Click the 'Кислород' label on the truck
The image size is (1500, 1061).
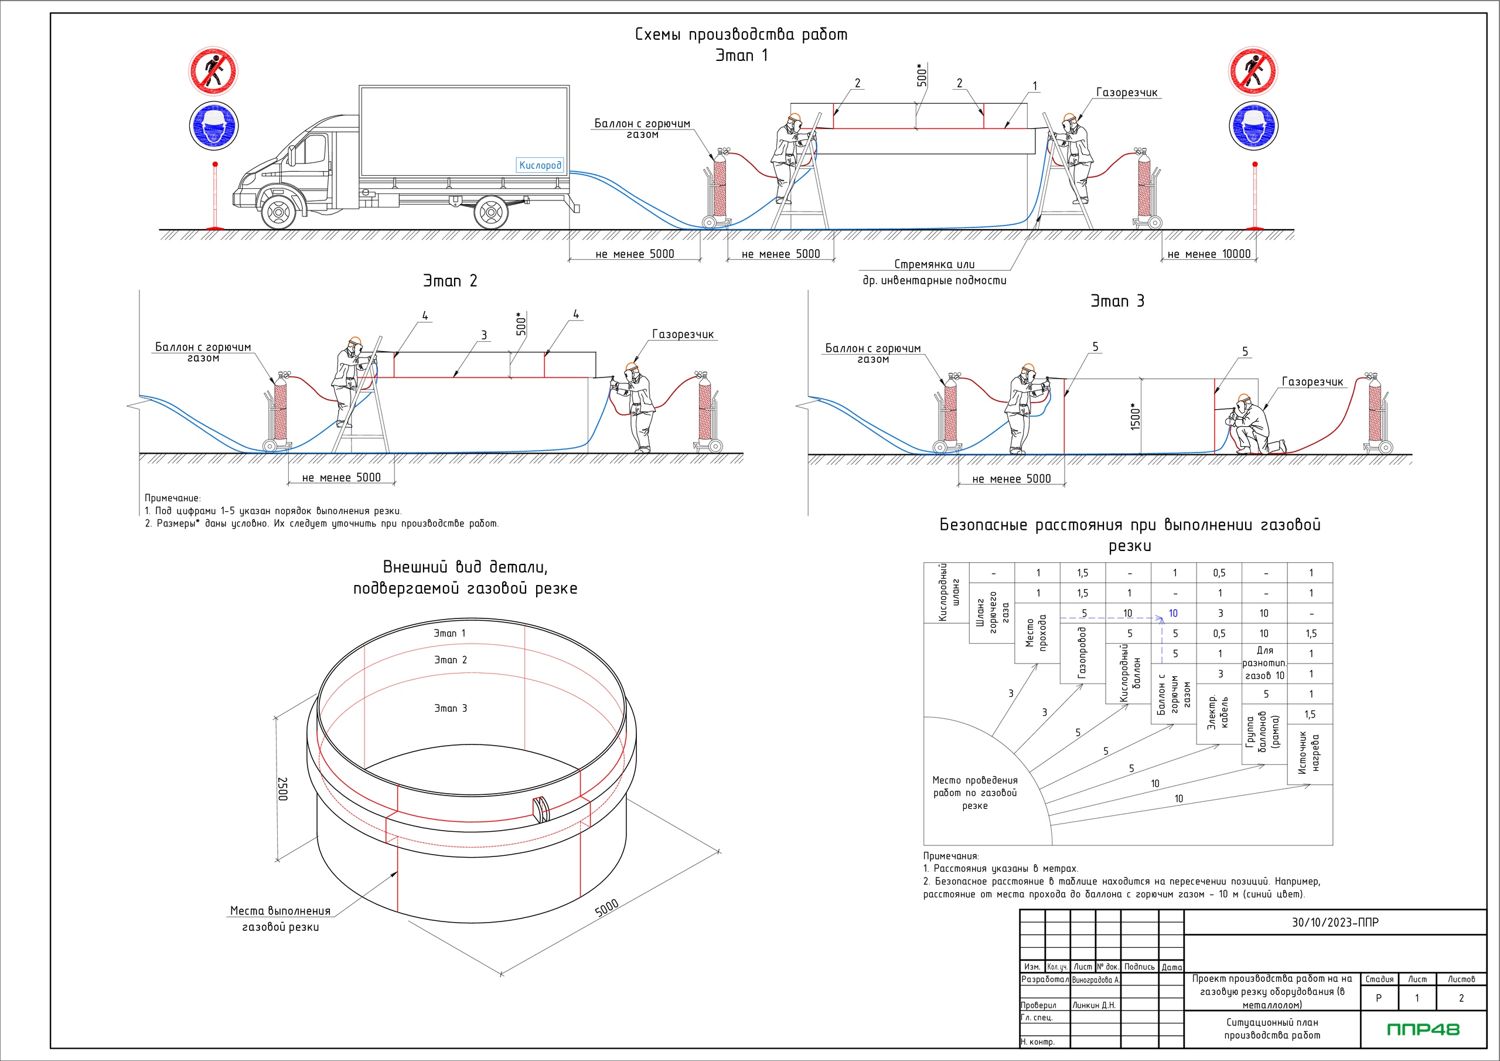click(x=540, y=165)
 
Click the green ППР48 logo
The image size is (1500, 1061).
click(x=1423, y=1029)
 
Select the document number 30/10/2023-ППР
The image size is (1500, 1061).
click(x=1335, y=923)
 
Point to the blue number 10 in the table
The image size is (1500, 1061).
click(x=1174, y=613)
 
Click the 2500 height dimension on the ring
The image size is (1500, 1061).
click(x=283, y=788)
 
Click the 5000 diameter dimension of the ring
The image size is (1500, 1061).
click(x=607, y=907)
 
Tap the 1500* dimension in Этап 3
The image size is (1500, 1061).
click(x=1136, y=416)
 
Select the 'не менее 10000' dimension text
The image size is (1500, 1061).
click(x=1209, y=254)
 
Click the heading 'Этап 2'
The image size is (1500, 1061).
click(x=450, y=281)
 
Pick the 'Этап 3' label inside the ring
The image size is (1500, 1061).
click(x=451, y=708)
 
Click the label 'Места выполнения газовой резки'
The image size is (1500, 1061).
click(x=280, y=919)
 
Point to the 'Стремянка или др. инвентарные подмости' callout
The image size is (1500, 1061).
click(x=934, y=272)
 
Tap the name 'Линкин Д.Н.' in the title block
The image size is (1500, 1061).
click(x=1093, y=1005)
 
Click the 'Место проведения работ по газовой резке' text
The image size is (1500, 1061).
click(x=975, y=793)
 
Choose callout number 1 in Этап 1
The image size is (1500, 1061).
click(x=1035, y=86)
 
